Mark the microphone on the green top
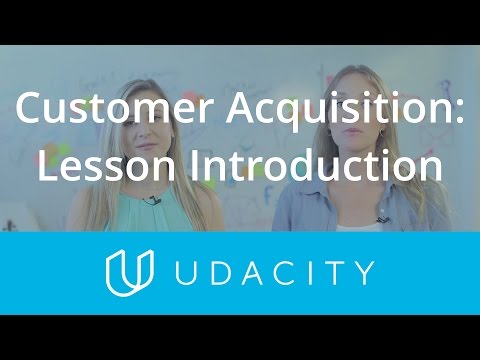151,202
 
